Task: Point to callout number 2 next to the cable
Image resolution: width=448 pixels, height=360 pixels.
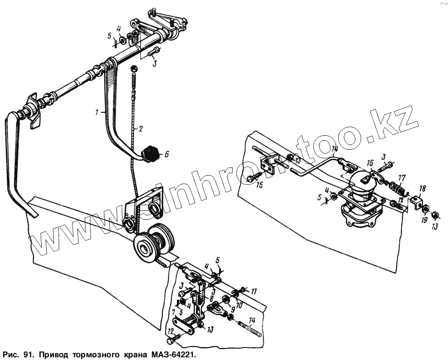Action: (140, 129)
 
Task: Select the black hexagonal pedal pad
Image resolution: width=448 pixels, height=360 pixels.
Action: (151, 154)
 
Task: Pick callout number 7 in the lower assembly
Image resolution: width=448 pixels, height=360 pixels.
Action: (173, 311)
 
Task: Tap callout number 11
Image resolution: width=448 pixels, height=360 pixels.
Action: (254, 291)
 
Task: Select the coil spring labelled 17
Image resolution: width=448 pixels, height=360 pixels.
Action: (397, 188)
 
